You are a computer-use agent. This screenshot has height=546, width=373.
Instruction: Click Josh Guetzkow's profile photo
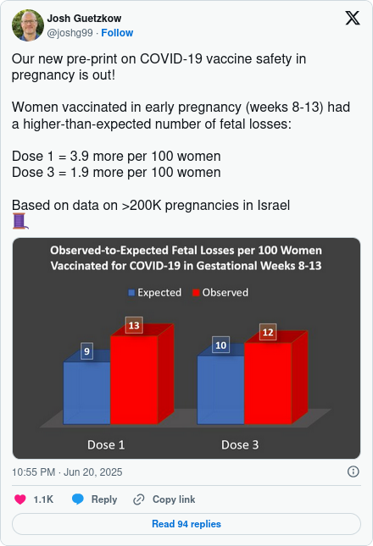click(28, 25)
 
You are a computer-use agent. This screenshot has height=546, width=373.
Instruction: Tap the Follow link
click(117, 33)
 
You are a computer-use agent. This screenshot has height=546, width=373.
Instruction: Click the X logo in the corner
click(353, 18)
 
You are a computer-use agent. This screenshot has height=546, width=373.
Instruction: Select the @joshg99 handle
click(70, 33)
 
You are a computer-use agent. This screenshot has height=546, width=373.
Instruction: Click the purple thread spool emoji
click(20, 222)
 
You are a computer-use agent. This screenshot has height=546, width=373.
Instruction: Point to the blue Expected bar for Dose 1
click(86, 393)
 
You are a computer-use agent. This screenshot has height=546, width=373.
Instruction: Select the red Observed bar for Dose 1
click(134, 379)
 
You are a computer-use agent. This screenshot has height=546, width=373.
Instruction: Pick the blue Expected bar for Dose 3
click(220, 389)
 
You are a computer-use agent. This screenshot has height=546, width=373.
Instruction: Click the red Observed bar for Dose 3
click(268, 383)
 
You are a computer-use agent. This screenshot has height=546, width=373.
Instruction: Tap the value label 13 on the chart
click(134, 325)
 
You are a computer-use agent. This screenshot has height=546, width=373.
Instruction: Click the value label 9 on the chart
click(86, 351)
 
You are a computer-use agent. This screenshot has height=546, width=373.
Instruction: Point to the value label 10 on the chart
click(220, 345)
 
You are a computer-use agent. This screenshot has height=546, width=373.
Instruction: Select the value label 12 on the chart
click(268, 332)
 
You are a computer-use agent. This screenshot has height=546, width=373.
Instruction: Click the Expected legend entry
click(155, 293)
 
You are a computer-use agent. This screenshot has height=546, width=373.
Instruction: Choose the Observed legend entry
click(220, 293)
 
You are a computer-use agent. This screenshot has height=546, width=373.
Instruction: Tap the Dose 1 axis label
click(106, 444)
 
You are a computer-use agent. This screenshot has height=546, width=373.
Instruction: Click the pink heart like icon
click(20, 499)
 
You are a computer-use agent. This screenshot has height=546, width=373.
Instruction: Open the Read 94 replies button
click(186, 524)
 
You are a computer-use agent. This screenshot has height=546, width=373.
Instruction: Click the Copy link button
click(164, 499)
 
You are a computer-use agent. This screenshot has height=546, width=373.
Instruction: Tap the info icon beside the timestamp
click(354, 472)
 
